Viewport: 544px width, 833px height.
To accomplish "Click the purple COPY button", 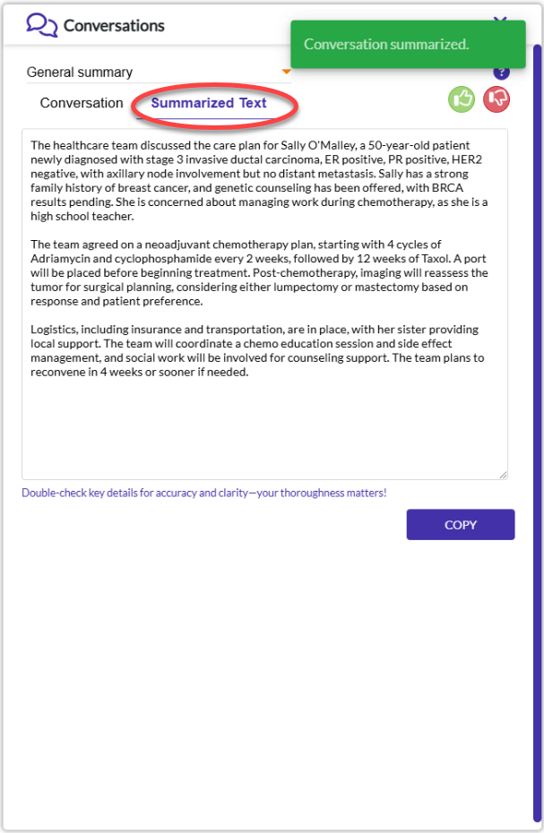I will (461, 525).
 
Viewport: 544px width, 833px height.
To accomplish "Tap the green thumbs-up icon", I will (462, 99).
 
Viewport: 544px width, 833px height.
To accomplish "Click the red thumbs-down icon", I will (497, 99).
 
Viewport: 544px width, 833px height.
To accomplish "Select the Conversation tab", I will (82, 103).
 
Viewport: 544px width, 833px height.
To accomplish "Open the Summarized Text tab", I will (209, 103).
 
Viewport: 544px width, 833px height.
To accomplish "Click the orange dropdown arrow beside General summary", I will (287, 72).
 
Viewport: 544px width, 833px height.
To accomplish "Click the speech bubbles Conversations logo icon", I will (41, 24).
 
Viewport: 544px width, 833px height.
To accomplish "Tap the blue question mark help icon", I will (501, 73).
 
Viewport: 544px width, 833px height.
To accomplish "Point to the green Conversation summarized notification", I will (408, 45).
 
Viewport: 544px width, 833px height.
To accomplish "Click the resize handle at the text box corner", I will (503, 475).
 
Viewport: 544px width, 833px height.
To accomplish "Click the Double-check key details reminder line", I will (204, 494).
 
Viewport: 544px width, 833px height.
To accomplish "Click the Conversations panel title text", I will (114, 25).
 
